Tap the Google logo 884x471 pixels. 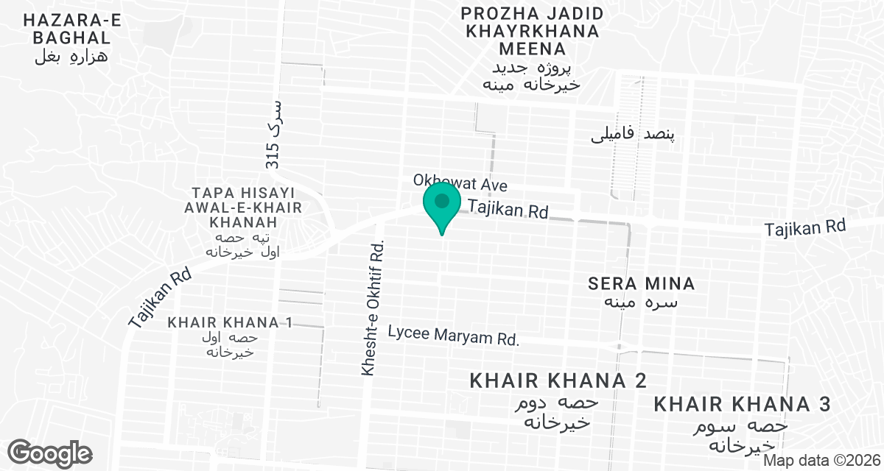(49, 453)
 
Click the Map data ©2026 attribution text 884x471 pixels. (821, 460)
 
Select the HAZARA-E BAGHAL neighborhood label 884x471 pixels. (71, 28)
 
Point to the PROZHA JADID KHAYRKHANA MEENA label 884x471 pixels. (532, 31)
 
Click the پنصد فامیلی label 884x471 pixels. (634, 135)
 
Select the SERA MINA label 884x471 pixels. (642, 283)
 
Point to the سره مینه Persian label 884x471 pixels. (642, 302)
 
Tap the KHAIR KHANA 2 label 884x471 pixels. (558, 380)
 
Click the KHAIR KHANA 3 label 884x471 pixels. (743, 404)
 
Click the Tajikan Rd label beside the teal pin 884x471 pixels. (509, 210)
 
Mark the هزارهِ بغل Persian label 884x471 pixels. (71, 57)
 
